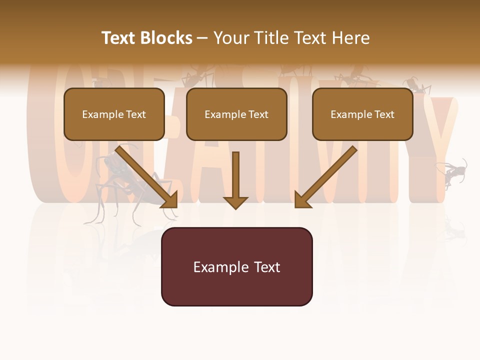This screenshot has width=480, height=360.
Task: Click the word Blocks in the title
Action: pos(166,38)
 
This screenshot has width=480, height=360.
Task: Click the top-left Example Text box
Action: pos(114,114)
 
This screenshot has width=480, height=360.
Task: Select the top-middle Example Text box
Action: pos(236,114)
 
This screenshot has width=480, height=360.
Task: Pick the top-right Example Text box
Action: pos(362,114)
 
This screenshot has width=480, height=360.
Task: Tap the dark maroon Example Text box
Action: pos(236,266)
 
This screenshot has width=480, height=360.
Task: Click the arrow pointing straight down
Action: pos(235,177)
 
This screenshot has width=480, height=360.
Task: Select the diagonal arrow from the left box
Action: pos(145,175)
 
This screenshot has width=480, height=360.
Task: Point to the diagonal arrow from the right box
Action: pos(327,175)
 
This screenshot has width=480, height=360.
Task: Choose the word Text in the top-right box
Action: pos(384,114)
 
